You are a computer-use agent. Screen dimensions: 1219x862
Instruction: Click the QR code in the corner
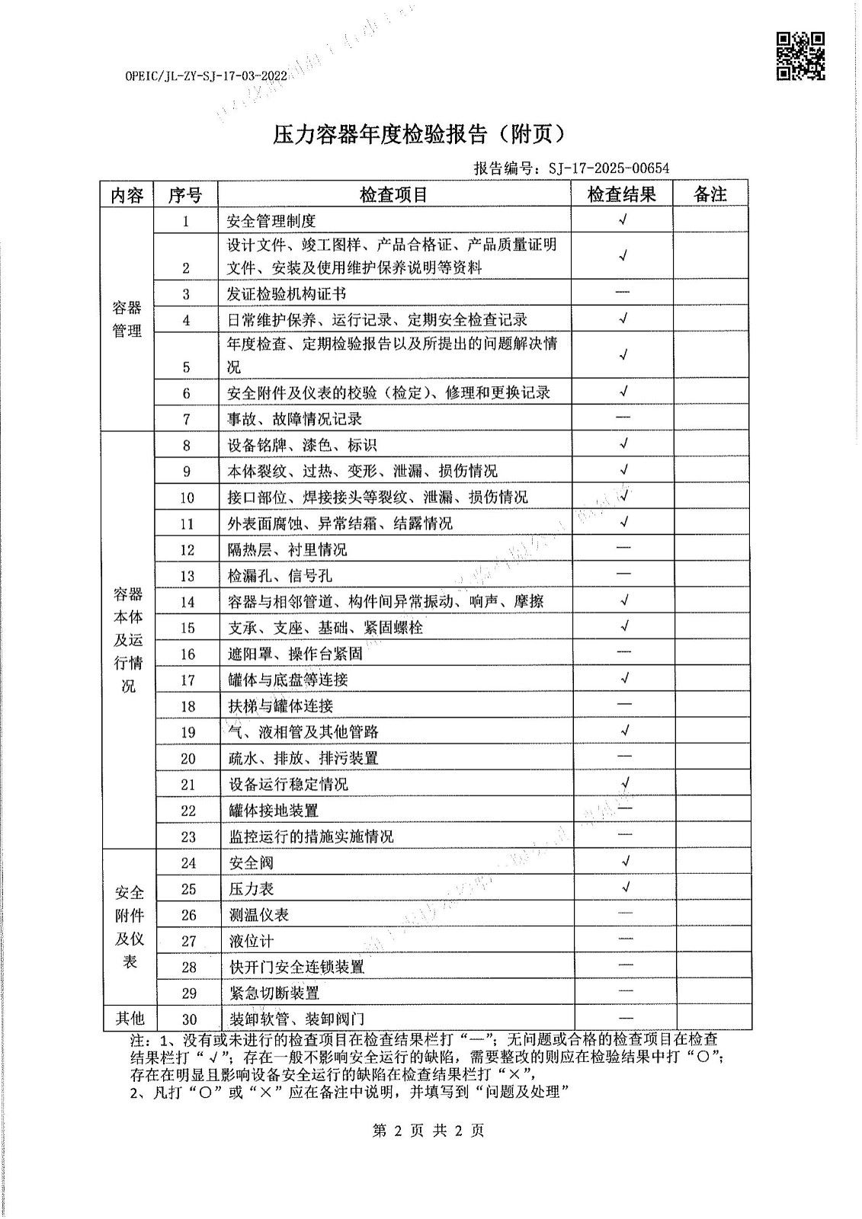pyautogui.click(x=800, y=56)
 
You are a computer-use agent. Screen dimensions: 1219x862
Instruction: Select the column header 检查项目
pyautogui.click(x=394, y=194)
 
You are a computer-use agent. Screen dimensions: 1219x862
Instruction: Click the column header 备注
pyautogui.click(x=710, y=194)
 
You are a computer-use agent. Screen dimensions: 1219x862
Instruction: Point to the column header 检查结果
pyautogui.click(x=621, y=194)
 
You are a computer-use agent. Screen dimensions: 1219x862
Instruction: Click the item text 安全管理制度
pyautogui.click(x=271, y=222)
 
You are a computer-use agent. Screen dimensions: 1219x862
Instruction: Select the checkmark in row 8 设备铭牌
pyautogui.click(x=623, y=443)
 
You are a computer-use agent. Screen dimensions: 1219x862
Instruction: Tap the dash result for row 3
pyautogui.click(x=622, y=293)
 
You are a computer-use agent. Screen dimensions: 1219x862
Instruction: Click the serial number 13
pyautogui.click(x=187, y=576)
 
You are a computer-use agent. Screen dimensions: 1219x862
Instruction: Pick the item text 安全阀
pyautogui.click(x=251, y=863)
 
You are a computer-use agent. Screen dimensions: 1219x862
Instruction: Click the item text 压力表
pyautogui.click(x=251, y=889)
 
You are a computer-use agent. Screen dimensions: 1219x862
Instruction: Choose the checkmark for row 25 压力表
pyautogui.click(x=625, y=888)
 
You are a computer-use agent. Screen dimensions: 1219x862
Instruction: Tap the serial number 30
pyautogui.click(x=188, y=1019)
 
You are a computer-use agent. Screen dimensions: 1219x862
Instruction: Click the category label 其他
pyautogui.click(x=129, y=1019)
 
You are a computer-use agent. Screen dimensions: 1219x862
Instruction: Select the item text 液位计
pyautogui.click(x=251, y=942)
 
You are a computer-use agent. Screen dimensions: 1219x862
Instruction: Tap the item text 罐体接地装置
pyautogui.click(x=274, y=811)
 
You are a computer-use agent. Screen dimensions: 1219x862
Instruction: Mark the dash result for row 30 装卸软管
pyautogui.click(x=625, y=1018)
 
